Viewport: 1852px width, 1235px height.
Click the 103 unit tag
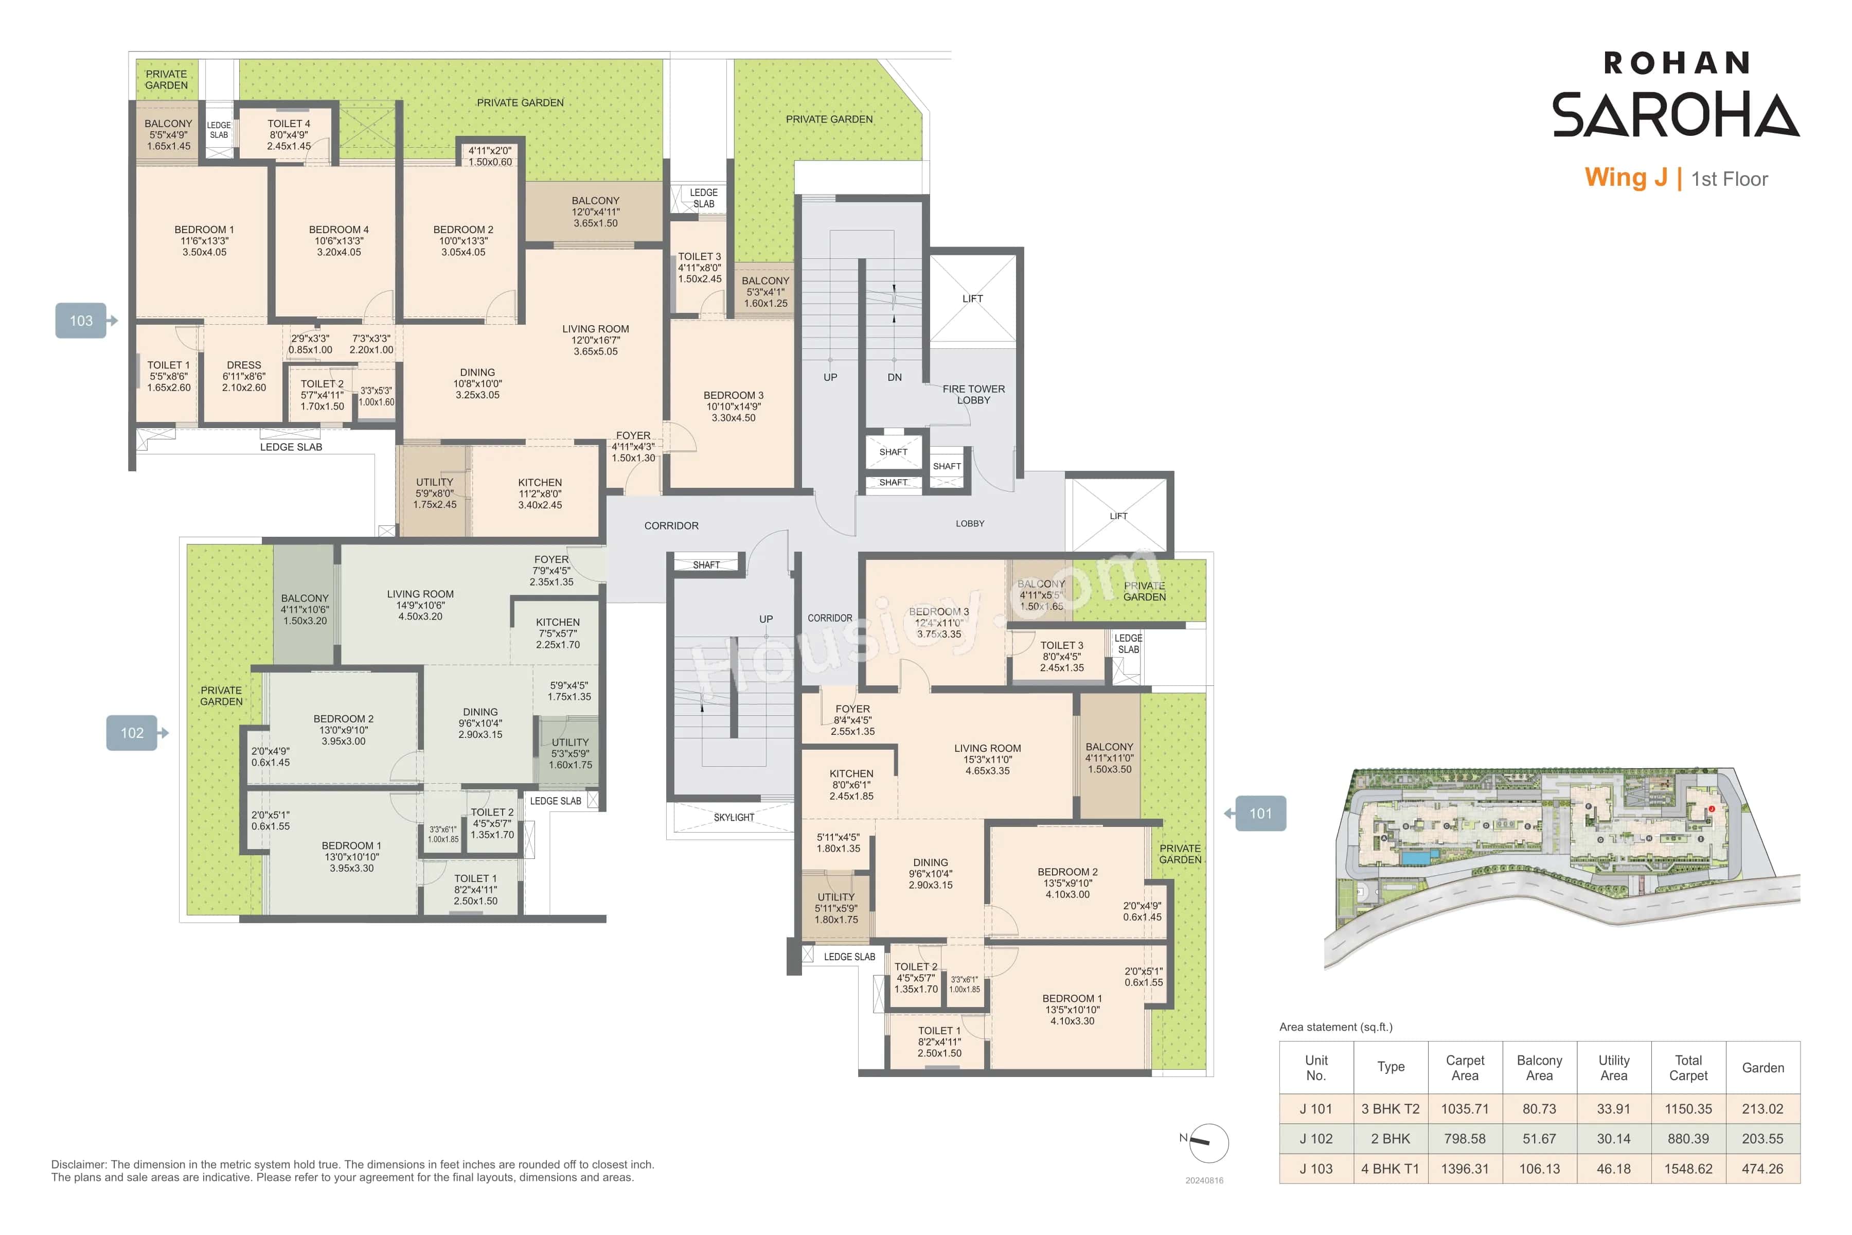pyautogui.click(x=81, y=321)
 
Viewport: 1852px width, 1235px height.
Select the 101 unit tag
pyautogui.click(x=1260, y=814)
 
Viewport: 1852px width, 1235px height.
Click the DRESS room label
pyautogui.click(x=244, y=365)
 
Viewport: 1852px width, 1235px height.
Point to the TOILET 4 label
pyautogui.click(x=289, y=123)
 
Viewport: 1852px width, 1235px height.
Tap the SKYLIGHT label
pyautogui.click(x=733, y=818)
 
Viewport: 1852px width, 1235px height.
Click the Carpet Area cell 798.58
pyautogui.click(x=1465, y=1139)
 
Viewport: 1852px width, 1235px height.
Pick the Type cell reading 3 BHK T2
pyautogui.click(x=1391, y=1109)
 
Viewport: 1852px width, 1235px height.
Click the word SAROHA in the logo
pyautogui.click(x=1675, y=115)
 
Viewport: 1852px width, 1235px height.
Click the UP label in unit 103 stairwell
pyautogui.click(x=830, y=377)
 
